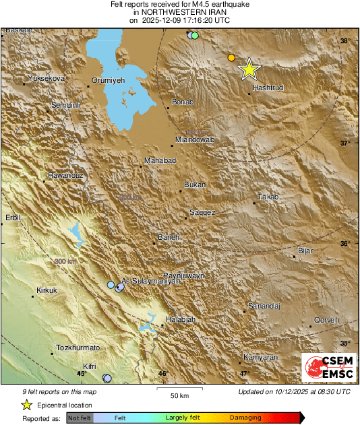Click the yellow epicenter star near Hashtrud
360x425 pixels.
[x=249, y=69]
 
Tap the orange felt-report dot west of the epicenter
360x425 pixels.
[x=231, y=58]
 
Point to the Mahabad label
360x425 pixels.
[x=160, y=160]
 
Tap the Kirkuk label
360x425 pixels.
[x=45, y=290]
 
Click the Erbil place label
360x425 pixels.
[x=13, y=217]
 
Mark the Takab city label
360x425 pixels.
[x=268, y=197]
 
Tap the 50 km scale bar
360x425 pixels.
[x=179, y=389]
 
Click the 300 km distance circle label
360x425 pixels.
[x=65, y=261]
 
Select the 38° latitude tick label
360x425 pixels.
[x=344, y=41]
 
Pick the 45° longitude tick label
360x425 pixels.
[x=82, y=373]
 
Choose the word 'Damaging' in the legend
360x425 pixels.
[x=245, y=418]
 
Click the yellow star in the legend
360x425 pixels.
[x=26, y=405]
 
